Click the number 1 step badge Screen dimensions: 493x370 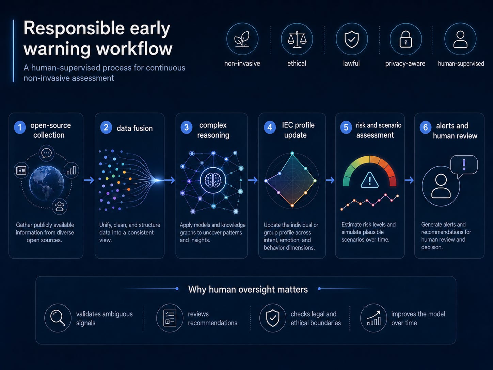(20, 127)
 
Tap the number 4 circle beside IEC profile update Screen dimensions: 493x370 (270, 127)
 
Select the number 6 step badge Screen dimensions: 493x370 (425, 127)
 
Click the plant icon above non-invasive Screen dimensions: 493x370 (242, 39)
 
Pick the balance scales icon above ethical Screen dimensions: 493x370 (297, 39)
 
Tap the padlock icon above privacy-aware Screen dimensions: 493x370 (405, 39)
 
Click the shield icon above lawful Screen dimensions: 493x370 (351, 39)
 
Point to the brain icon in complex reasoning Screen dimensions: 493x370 (213, 180)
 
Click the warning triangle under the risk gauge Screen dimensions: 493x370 (369, 180)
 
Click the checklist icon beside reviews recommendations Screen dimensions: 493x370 (170, 318)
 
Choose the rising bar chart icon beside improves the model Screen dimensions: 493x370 (374, 318)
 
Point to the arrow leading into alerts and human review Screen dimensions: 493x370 (409, 180)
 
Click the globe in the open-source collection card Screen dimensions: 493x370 (47, 183)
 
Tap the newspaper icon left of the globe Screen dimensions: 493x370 (21, 170)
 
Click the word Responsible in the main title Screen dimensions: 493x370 (74, 29)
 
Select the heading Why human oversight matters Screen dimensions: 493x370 (248, 289)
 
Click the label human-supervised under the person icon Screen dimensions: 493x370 (461, 64)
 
